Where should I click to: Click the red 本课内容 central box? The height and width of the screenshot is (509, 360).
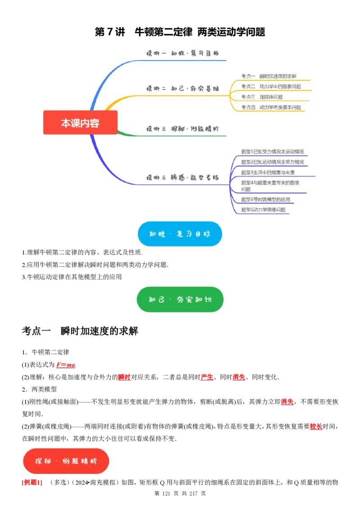(80, 123)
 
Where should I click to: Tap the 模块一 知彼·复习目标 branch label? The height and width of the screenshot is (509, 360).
(183, 53)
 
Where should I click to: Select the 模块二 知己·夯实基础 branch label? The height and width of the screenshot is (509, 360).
(183, 89)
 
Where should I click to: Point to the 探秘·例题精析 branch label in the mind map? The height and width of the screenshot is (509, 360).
(183, 129)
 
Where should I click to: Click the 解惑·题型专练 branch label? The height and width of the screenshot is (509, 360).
(183, 177)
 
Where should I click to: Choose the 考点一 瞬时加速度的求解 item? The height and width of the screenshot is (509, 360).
(269, 76)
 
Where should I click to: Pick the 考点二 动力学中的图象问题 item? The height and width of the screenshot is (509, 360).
(271, 86)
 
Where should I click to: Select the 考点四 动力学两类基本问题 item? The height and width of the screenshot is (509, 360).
(271, 107)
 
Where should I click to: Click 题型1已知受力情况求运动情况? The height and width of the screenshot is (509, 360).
(272, 152)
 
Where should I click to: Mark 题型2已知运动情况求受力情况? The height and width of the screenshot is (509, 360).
(272, 162)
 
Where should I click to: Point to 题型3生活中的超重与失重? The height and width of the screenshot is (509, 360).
(268, 172)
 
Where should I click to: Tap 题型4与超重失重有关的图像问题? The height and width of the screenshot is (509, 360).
(270, 186)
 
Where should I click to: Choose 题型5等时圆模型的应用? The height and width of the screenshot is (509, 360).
(265, 199)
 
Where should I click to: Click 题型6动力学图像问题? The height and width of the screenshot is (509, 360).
(263, 210)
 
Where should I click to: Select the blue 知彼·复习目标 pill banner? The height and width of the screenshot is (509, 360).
(180, 234)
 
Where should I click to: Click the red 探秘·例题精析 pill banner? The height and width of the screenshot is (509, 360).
(66, 461)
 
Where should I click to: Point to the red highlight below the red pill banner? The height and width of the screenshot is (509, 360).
(32, 483)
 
